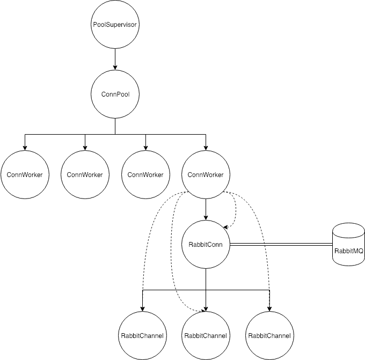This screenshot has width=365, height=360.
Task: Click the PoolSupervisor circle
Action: pyautogui.click(x=115, y=25)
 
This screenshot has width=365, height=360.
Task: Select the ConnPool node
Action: pyautogui.click(x=115, y=94)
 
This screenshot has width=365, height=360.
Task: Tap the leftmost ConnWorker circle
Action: pyautogui.click(x=25, y=175)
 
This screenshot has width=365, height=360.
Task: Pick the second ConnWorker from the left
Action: pyautogui.click(x=85, y=175)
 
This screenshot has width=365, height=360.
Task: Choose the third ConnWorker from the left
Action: pyautogui.click(x=145, y=175)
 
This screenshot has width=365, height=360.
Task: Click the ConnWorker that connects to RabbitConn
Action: pyautogui.click(x=206, y=175)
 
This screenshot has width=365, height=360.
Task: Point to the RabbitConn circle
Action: pyautogui.click(x=206, y=245)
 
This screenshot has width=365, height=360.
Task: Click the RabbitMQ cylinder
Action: pyautogui.click(x=348, y=245)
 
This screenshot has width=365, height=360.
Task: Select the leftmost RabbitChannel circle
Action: pyautogui.click(x=142, y=335)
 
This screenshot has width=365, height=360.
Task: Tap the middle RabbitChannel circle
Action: pyautogui.click(x=206, y=335)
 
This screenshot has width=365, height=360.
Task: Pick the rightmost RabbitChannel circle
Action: pyautogui.click(x=269, y=335)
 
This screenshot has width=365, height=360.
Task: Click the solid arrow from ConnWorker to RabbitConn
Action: pyautogui.click(x=206, y=209)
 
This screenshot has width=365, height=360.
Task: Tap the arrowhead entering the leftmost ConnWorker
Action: pyautogui.click(x=25, y=148)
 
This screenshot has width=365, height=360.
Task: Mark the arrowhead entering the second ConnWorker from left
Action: pyautogui.click(x=85, y=148)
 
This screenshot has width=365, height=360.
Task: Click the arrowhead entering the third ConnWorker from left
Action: pyautogui.click(x=145, y=148)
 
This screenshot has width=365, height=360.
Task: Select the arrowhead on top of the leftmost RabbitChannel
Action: pyautogui.click(x=142, y=308)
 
